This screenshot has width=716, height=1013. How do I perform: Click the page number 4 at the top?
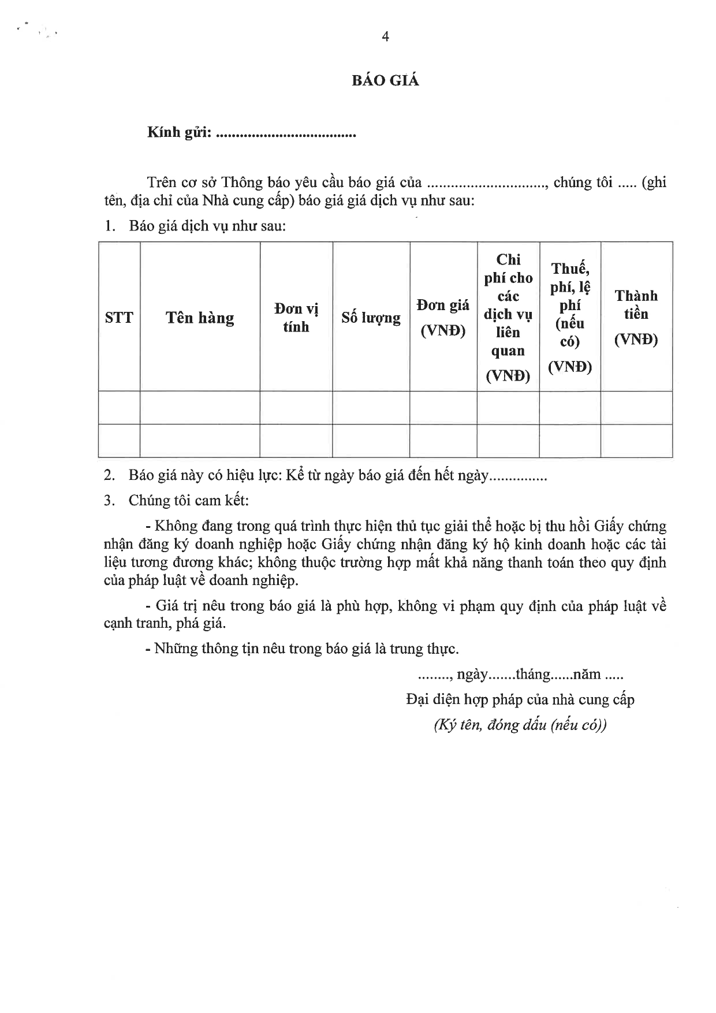(x=385, y=37)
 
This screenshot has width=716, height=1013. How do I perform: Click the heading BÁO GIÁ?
(x=385, y=81)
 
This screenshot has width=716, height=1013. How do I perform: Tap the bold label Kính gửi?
(x=180, y=133)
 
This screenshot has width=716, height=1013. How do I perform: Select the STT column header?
(x=119, y=318)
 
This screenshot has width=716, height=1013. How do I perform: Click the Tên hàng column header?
(x=200, y=318)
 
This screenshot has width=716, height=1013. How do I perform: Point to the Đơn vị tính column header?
(x=296, y=318)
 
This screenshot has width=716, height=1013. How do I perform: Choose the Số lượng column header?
(x=371, y=318)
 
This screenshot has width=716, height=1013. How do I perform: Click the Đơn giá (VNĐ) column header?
(x=443, y=318)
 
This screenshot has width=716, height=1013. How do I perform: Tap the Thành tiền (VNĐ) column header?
(x=636, y=318)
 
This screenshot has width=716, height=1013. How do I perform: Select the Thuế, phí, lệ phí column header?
(x=570, y=318)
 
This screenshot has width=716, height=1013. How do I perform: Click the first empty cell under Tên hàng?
(x=200, y=408)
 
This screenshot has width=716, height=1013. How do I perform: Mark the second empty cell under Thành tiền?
(x=636, y=441)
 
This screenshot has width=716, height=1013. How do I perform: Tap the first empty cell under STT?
(x=119, y=408)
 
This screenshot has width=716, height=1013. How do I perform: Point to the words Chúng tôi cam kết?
(x=189, y=500)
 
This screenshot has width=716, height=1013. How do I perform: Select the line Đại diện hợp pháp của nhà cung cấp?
(x=520, y=700)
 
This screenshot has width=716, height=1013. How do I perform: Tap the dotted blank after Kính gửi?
(x=285, y=134)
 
